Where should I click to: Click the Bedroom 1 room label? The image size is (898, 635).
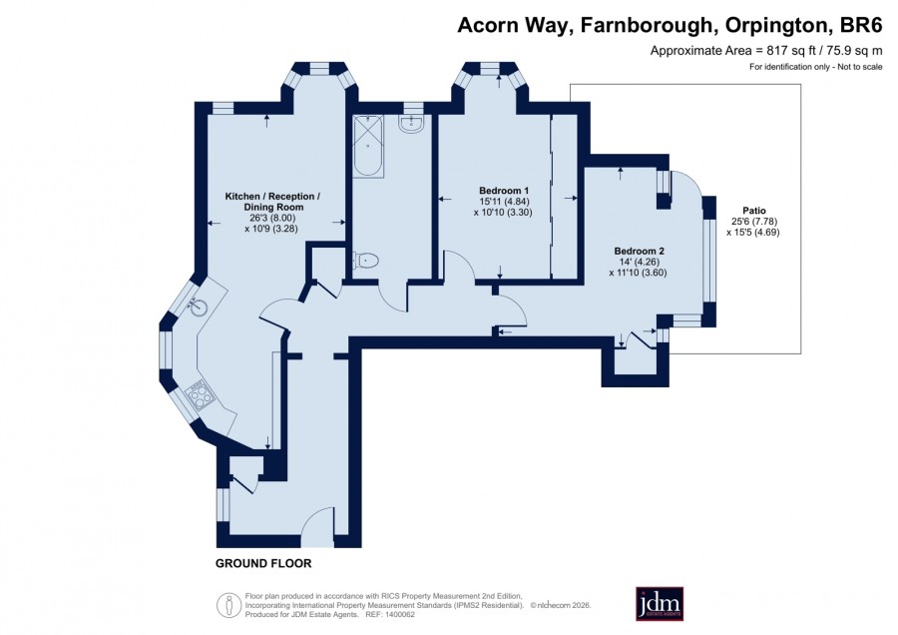coord(504,191)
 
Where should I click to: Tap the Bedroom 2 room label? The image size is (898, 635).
coord(640,251)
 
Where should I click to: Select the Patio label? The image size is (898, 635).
coord(754,211)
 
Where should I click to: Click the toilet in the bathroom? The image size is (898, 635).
coord(365,261)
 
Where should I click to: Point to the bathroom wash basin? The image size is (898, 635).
coord(411,124)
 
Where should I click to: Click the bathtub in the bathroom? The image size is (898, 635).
coord(367,146)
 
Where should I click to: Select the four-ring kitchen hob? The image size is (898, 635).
coord(200,395)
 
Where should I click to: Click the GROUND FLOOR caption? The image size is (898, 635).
coord(263,563)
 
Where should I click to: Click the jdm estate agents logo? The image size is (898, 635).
coord(660,603)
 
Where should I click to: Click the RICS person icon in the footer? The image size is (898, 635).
coord(228,605)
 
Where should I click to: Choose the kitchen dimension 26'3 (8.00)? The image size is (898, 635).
coord(272,218)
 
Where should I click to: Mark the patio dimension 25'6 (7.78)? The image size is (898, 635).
coord(754,222)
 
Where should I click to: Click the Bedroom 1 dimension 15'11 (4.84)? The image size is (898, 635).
coord(504,201)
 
